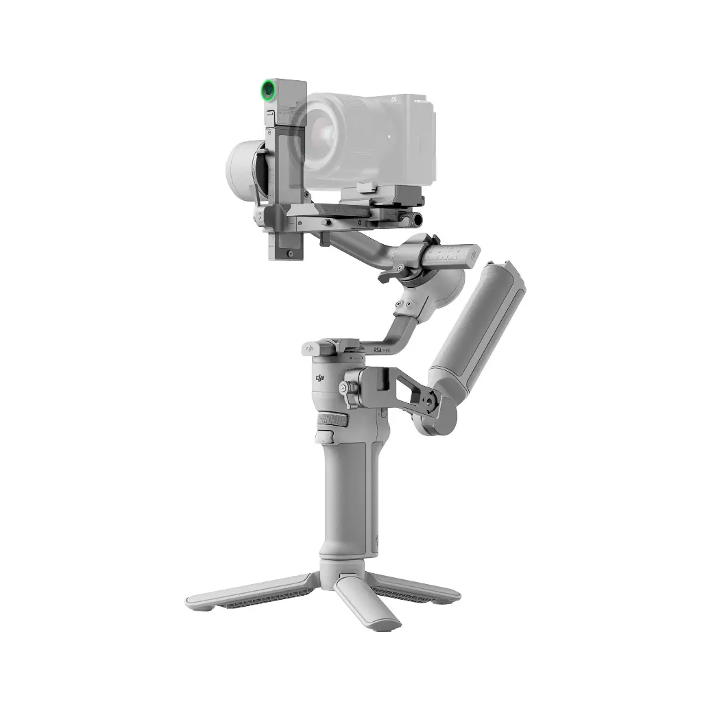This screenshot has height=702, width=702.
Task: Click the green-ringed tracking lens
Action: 269,89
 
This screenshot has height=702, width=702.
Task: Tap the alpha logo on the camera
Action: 395,100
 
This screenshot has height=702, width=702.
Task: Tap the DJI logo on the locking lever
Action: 311,349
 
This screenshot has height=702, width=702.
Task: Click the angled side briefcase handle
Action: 480,322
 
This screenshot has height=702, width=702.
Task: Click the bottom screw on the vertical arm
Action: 290,254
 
